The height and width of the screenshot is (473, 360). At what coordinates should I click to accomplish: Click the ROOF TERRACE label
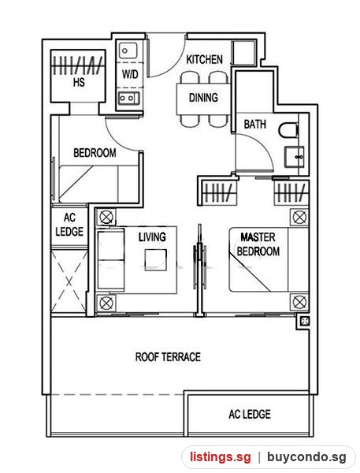point(168,357)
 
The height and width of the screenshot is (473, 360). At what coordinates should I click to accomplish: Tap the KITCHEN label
point(205,59)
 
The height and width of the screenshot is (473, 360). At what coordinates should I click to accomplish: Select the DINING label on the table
point(203,98)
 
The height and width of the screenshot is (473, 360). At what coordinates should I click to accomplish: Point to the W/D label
point(130,74)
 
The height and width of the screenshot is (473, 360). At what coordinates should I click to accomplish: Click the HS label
point(79,82)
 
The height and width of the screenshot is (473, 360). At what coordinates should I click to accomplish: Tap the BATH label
point(254,124)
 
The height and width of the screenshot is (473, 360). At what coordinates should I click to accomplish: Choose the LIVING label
point(152,236)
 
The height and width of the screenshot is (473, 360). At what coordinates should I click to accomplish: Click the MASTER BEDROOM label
point(258,244)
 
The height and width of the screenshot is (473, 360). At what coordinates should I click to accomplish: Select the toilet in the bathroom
point(288,131)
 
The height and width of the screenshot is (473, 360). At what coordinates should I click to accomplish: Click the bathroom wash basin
point(294,157)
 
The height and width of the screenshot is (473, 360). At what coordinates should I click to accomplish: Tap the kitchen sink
point(128,50)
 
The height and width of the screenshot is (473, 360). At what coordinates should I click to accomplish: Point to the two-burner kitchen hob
point(128,98)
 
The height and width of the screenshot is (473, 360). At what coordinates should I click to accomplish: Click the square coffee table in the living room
point(155,259)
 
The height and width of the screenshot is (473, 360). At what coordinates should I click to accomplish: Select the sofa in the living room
point(110,260)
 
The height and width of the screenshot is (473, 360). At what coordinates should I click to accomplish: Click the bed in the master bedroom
point(269,259)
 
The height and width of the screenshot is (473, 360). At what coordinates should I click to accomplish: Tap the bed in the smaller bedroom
point(98,184)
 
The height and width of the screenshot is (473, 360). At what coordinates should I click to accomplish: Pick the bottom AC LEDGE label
point(250,414)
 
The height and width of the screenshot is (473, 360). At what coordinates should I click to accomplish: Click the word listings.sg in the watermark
point(220,456)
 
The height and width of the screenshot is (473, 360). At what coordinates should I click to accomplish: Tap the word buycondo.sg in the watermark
point(306,457)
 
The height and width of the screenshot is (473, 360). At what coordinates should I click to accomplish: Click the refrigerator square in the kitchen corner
point(243,52)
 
